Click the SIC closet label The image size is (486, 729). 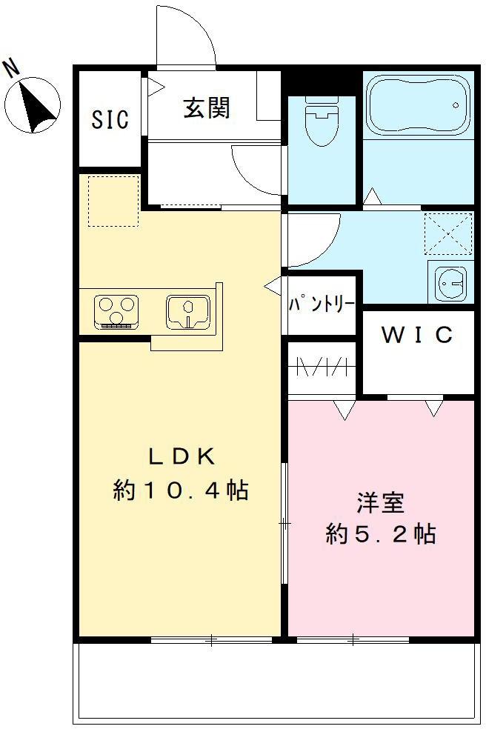110,119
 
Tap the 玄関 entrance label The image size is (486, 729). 207,107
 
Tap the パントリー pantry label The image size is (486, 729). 321,304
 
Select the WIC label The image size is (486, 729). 417,336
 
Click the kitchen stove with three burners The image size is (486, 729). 116,310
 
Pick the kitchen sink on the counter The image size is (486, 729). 188,310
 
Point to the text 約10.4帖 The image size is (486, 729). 181,490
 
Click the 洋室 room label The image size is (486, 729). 380,503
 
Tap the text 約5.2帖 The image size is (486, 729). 380,534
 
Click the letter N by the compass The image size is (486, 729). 11,68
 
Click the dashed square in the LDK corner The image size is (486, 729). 113,201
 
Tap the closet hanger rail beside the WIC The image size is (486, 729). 322,367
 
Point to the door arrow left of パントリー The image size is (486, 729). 272,284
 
